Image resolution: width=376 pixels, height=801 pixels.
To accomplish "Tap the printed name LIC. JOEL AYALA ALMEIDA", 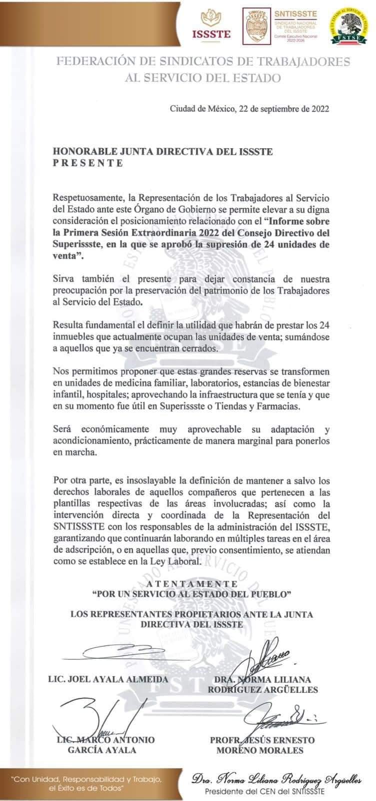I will tap(108, 679).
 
